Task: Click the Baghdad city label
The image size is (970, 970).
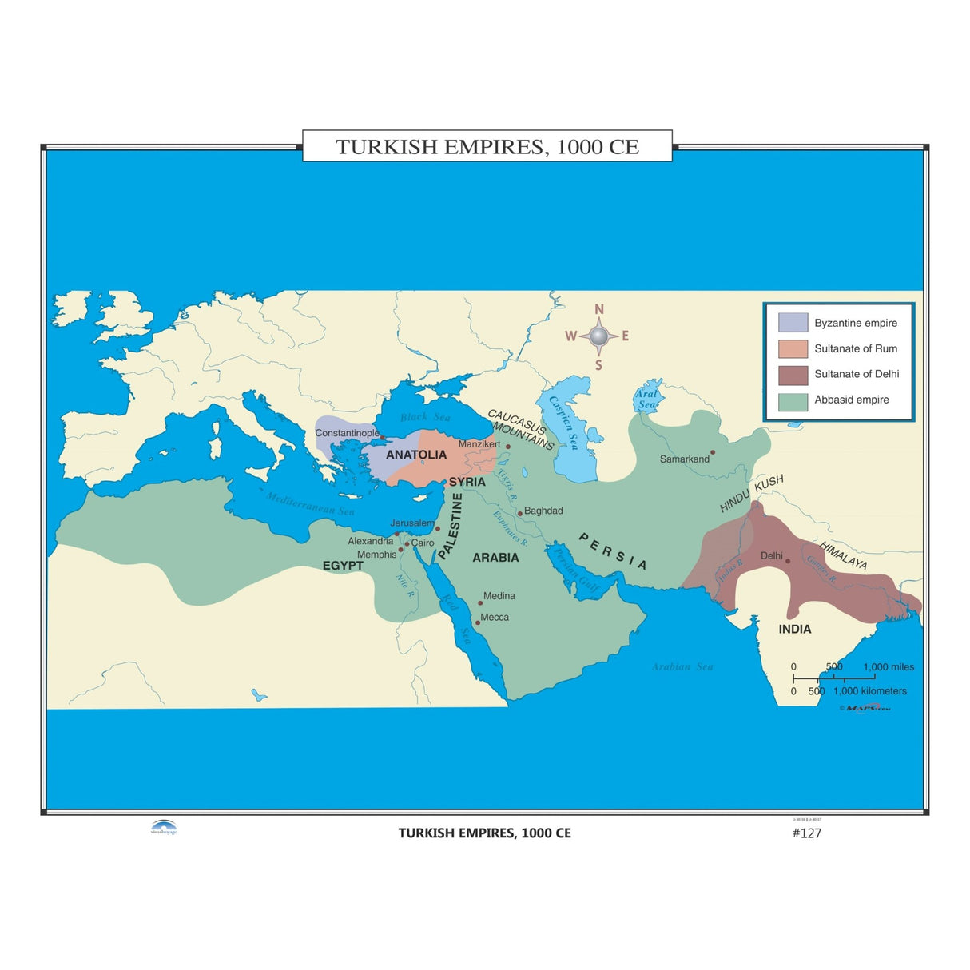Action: coord(543,511)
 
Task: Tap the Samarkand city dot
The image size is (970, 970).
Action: coord(713,452)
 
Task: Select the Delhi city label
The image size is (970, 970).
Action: coord(771,555)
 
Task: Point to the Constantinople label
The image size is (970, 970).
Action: coord(347,433)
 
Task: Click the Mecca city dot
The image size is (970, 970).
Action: coord(478,622)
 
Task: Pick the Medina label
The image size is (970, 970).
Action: coord(499,596)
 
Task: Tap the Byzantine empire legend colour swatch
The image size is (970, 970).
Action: coord(793,323)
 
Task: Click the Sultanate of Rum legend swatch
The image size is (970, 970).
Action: coord(793,348)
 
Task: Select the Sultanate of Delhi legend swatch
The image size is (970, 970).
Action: coord(793,374)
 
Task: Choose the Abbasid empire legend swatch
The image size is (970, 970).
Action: coord(793,400)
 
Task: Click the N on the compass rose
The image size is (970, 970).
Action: coord(599,310)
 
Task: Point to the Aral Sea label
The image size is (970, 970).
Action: coord(646,399)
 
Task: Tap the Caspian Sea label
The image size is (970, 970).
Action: coord(563,423)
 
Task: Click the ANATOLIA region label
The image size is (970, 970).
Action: coord(416,455)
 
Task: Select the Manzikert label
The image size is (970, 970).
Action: coord(479,444)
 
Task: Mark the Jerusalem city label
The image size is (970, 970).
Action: coord(412,523)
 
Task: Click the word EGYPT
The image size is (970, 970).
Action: coord(343,566)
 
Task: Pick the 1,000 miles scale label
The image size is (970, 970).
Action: coord(889,667)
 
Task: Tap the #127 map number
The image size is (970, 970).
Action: coord(806,833)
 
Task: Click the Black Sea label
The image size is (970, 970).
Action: coord(425,417)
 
